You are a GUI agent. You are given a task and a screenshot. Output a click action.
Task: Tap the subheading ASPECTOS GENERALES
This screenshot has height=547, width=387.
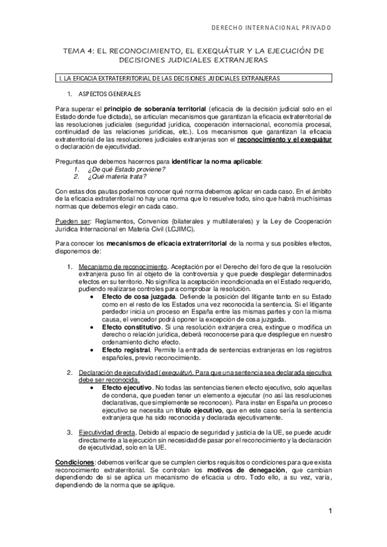click(x=105, y=94)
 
